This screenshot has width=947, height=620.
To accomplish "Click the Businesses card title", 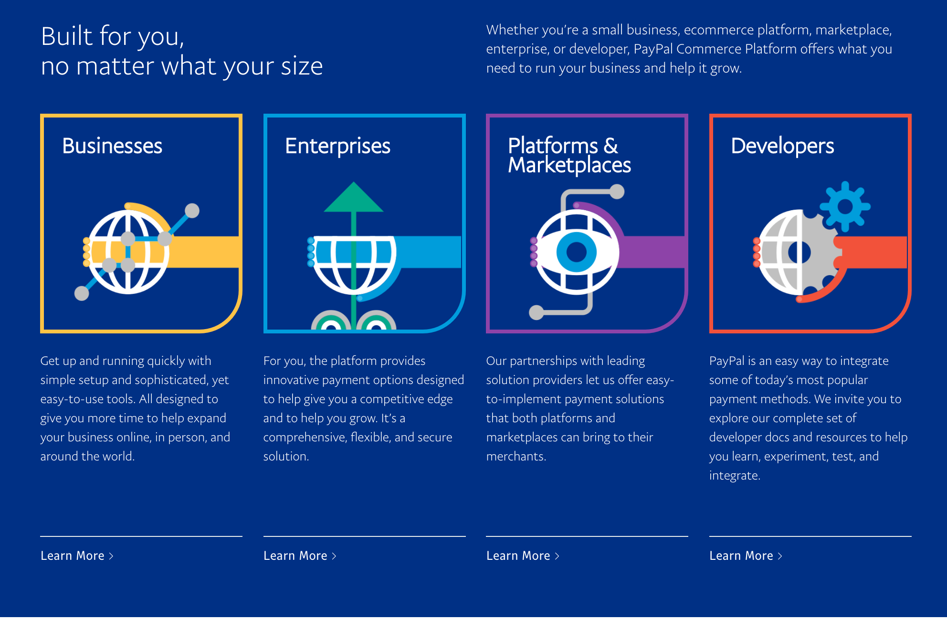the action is (112, 146).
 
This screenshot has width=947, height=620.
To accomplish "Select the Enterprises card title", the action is (337, 146).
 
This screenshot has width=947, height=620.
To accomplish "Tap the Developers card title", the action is (782, 146).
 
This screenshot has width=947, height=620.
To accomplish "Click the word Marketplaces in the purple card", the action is (569, 165).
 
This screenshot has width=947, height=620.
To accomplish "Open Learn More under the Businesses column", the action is (77, 556).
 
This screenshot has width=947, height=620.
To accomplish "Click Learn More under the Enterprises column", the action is (300, 556).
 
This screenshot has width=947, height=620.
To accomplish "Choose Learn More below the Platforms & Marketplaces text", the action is (523, 556).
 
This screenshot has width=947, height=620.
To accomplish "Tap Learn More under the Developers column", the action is (746, 556).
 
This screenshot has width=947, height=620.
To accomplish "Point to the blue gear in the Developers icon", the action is (845, 206).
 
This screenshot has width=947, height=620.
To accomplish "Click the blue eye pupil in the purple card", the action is (577, 252).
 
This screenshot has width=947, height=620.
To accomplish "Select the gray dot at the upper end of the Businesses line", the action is (192, 211).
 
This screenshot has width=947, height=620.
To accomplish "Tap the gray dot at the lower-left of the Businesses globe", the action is (82, 293).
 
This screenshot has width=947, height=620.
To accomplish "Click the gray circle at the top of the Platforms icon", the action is (617, 192).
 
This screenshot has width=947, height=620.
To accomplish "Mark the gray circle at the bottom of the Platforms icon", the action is (537, 312).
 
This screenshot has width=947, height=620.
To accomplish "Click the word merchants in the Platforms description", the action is (516, 457).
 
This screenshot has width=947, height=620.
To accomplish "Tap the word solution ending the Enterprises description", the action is (286, 457).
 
